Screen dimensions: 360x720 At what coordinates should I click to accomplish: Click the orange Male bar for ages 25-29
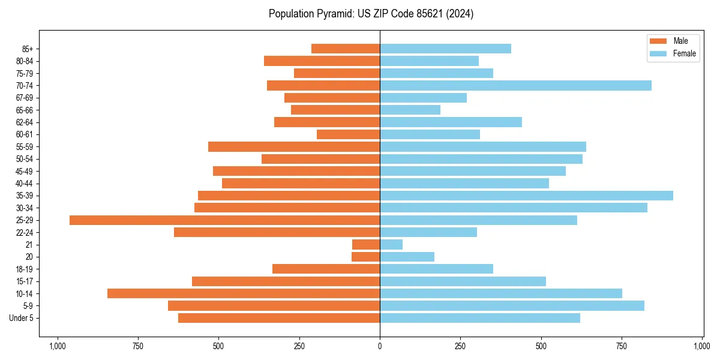coord(224,220)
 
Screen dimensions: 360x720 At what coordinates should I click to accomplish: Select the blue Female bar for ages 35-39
coord(526,196)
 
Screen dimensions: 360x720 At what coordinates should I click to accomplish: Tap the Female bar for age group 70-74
coord(515,86)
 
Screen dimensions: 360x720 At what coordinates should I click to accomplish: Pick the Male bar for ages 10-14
coord(244,293)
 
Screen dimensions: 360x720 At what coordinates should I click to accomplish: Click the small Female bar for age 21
coord(391,245)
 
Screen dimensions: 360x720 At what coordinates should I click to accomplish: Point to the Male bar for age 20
coord(366,257)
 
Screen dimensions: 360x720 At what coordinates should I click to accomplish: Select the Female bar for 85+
coord(445,49)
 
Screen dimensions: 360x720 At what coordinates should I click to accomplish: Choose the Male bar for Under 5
coord(279,318)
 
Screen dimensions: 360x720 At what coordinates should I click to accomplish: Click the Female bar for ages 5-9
coord(512,306)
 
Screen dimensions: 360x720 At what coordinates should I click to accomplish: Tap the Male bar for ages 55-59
coord(294,147)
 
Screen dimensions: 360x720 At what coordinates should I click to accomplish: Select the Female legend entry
coord(672,53)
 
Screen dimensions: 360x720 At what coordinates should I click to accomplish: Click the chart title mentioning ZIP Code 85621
coord(371,14)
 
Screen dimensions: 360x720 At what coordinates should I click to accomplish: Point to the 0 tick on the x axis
coord(380,346)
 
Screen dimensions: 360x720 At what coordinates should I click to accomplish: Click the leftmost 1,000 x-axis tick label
coord(58,346)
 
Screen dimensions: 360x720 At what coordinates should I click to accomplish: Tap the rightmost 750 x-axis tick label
coord(622,346)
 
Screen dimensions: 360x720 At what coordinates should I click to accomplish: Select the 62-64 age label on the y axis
coord(24,122)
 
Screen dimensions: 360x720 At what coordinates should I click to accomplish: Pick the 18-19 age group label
coord(24,269)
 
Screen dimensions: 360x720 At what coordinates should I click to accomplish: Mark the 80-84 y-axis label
coord(24,61)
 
